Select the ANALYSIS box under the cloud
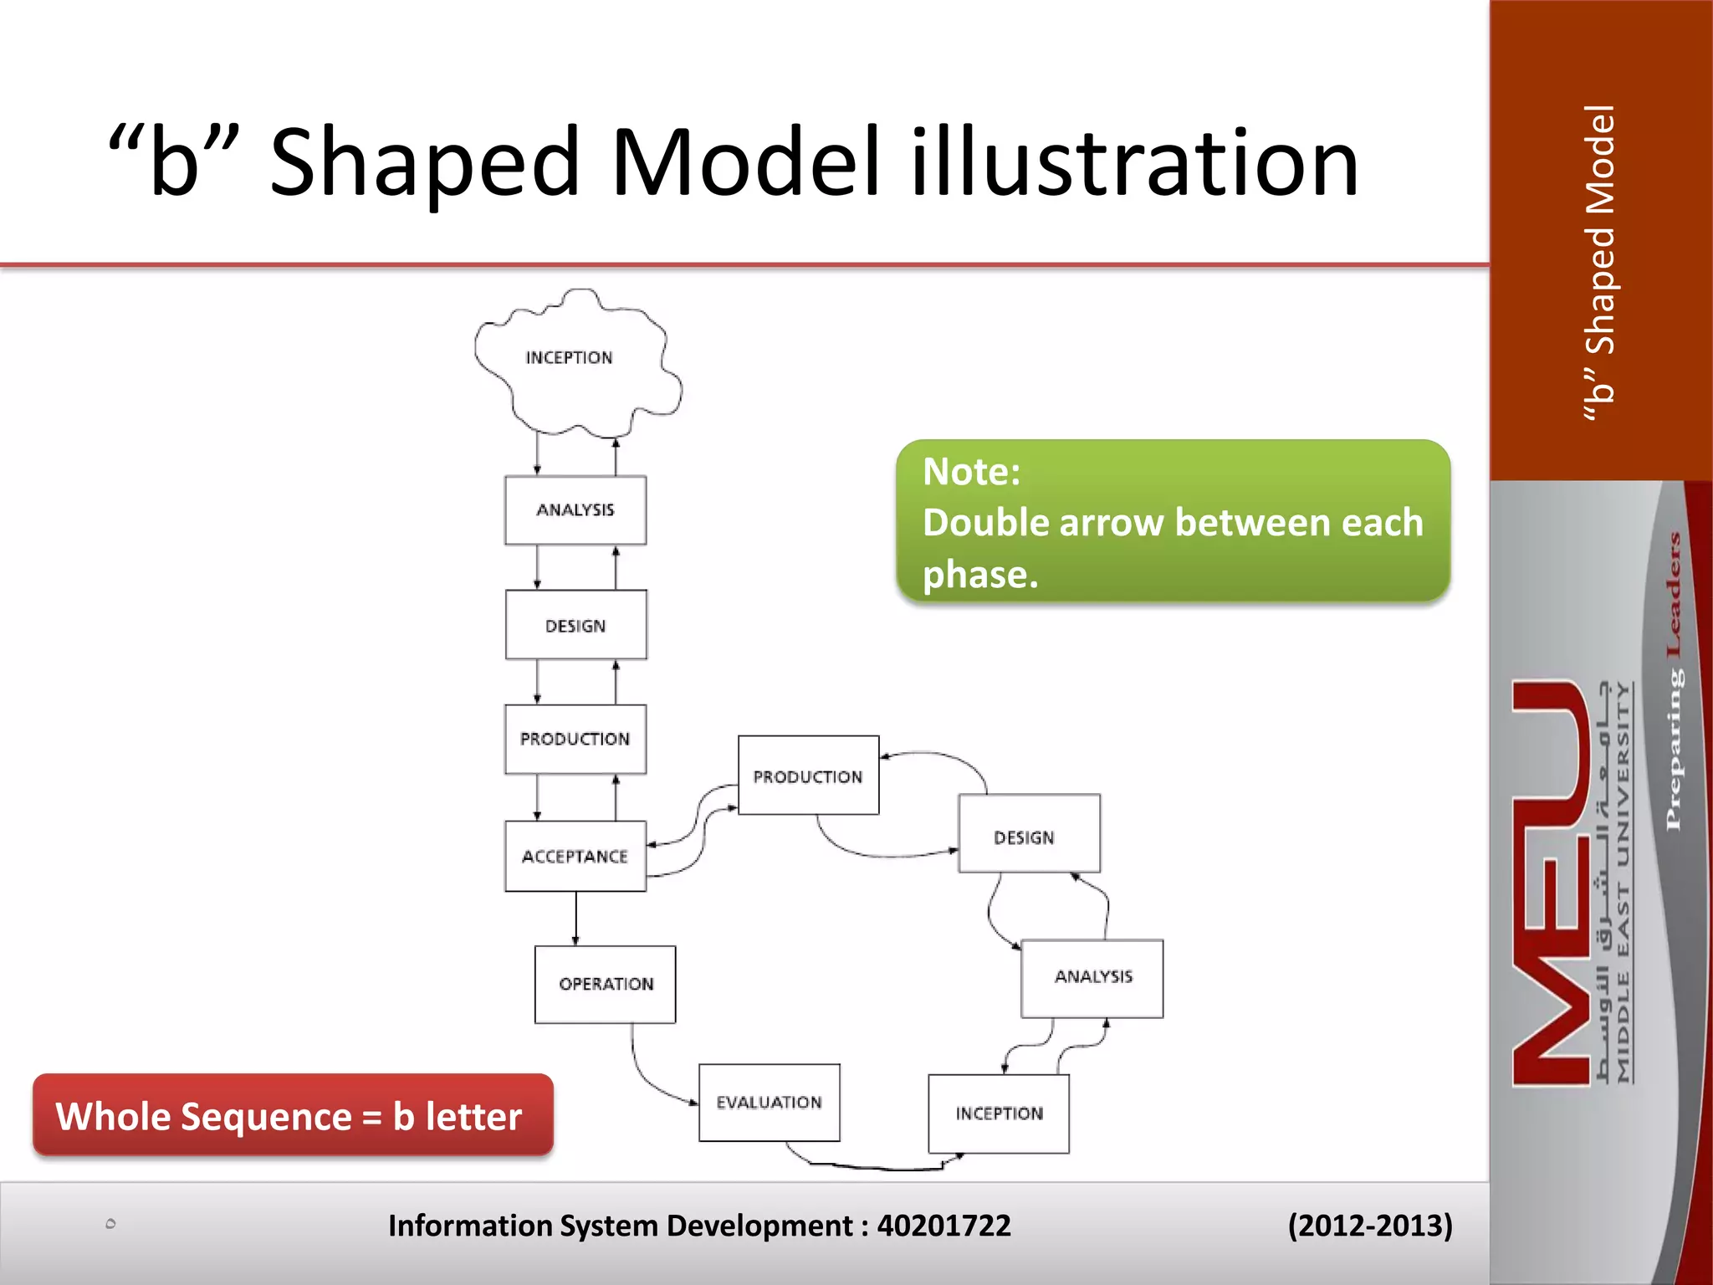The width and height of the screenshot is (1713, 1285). [x=575, y=510]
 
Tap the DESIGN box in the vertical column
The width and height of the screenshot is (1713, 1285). [x=575, y=625]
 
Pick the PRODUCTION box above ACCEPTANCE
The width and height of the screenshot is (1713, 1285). [x=575, y=739]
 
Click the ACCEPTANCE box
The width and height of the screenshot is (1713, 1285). [x=575, y=856]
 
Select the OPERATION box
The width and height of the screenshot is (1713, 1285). [x=606, y=984]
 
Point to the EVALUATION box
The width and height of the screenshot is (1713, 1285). [x=769, y=1103]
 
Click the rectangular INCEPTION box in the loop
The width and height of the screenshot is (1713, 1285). [x=999, y=1113]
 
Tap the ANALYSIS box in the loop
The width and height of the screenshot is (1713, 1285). [x=1092, y=977]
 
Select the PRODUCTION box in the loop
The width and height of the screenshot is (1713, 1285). [x=808, y=776]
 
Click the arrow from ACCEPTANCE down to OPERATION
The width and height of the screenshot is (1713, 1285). [x=575, y=918]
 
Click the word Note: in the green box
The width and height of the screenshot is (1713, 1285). [x=971, y=472]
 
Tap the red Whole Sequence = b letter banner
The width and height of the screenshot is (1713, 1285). [x=293, y=1115]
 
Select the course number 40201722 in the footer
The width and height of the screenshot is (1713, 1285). [x=943, y=1226]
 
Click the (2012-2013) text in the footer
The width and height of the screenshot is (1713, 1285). [x=1369, y=1226]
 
